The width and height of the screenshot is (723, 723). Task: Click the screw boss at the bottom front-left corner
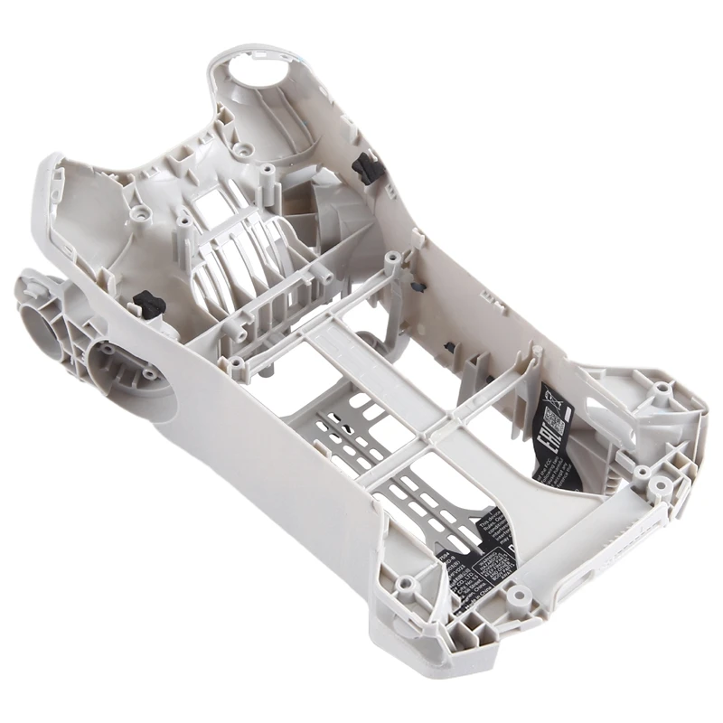pos(405,583)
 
